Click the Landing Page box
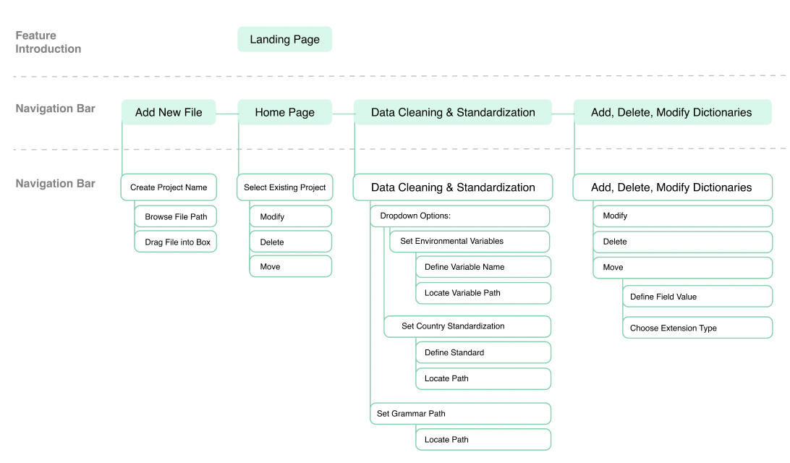284,39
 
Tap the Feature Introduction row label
48,42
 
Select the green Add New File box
169,112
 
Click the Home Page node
284,112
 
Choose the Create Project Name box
169,187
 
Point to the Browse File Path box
176,216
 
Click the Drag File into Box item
176,242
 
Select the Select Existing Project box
284,187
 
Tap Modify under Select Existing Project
291,216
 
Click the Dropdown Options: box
460,216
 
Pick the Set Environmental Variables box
470,242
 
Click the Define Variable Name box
483,267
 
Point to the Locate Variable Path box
483,293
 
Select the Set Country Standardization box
467,326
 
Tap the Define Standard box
483,352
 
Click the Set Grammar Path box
461,414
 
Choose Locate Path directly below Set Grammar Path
483,440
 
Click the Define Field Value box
698,297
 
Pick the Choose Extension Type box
698,328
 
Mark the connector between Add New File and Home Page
226,114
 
